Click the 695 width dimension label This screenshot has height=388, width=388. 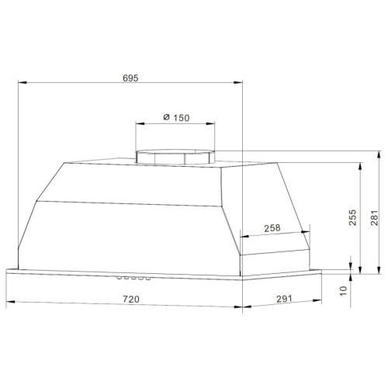point(130,78)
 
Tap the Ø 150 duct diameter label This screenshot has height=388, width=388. point(176,118)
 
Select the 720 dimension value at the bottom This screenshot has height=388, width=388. point(131,300)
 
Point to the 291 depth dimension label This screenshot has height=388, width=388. point(284,299)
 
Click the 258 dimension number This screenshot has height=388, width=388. point(272,228)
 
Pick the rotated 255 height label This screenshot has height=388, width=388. point(352,217)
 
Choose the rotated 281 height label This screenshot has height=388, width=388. point(374,218)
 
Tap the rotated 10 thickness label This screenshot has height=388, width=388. point(343,291)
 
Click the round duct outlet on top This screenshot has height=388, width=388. point(175,157)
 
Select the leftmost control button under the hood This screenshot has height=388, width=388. point(120,278)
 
